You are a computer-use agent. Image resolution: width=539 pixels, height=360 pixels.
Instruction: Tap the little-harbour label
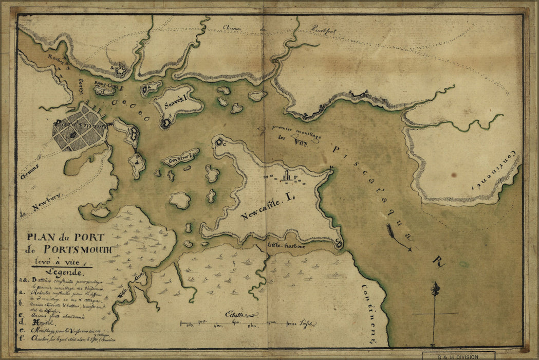(286, 246)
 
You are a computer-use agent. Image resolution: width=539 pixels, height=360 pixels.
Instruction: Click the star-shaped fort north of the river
(120, 71)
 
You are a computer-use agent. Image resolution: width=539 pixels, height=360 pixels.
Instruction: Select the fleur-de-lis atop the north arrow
(435, 289)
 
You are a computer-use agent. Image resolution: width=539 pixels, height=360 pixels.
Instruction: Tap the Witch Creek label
(133, 288)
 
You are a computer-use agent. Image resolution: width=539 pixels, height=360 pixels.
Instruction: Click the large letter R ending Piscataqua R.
(438, 262)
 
